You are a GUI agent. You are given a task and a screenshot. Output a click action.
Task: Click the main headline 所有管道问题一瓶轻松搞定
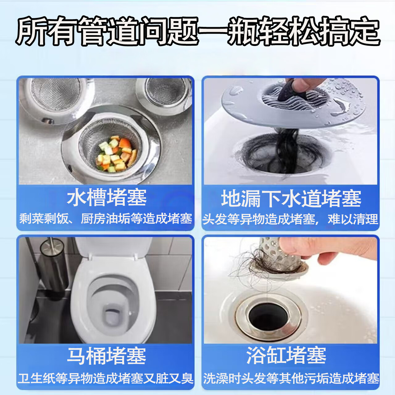198,31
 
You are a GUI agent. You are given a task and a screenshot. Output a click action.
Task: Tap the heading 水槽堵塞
106,198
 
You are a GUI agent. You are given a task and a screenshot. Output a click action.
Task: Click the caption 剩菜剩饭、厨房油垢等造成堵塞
106,219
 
